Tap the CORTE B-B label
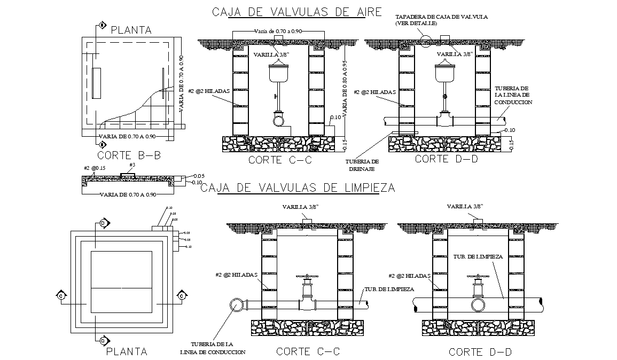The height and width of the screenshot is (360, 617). pyautogui.click(x=129, y=155)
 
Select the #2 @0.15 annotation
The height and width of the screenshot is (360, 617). pyautogui.click(x=95, y=168)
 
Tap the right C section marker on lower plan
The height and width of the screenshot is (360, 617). pyautogui.click(x=182, y=295)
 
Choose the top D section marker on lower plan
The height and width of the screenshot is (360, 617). pyautogui.click(x=104, y=222)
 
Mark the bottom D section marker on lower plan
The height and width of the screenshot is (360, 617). pyautogui.click(x=104, y=340)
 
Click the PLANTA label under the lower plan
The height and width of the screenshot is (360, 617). pyautogui.click(x=126, y=351)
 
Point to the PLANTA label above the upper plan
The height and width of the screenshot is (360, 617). pyautogui.click(x=131, y=30)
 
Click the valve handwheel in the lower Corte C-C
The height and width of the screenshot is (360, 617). pyautogui.click(x=307, y=277)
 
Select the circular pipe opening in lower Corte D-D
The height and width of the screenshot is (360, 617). pyautogui.click(x=478, y=304)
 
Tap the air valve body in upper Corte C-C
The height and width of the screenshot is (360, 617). pyautogui.click(x=278, y=72)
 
